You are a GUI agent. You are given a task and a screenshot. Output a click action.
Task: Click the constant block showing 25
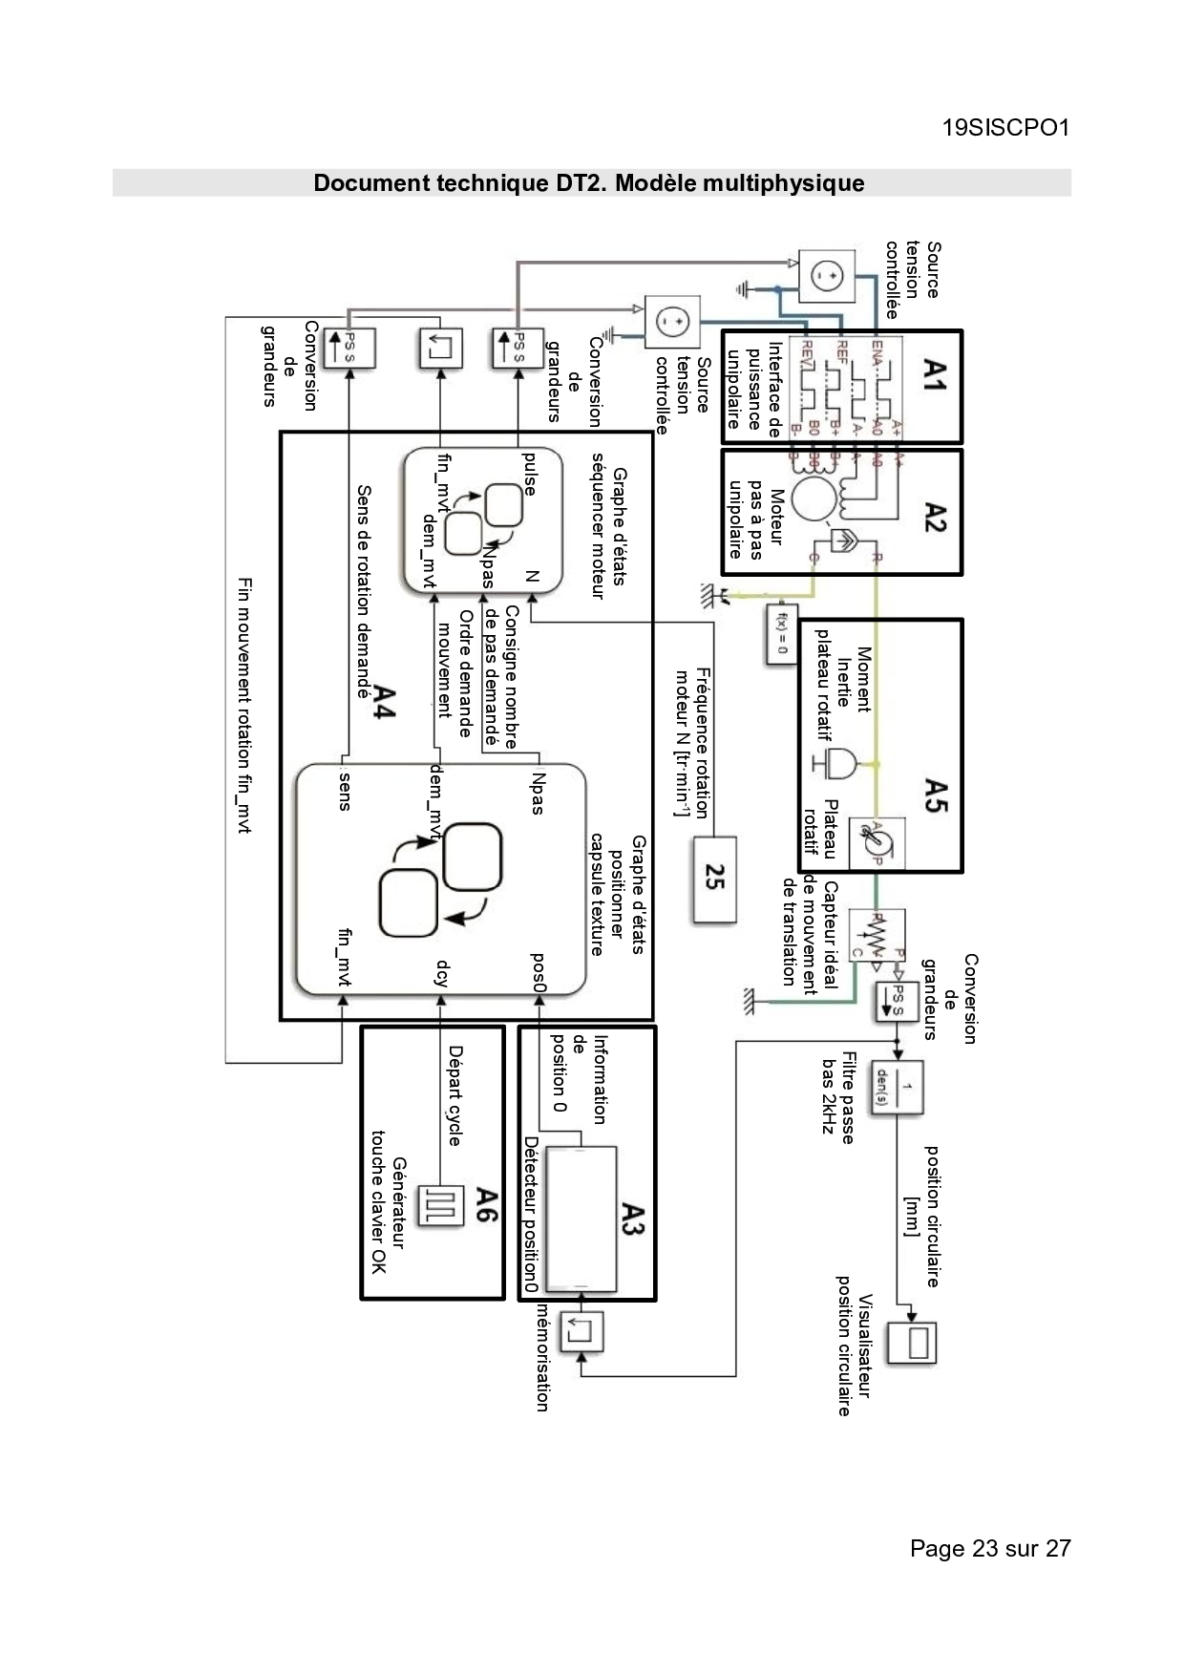[x=715, y=878]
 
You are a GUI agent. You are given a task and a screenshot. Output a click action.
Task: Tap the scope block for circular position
[x=913, y=1343]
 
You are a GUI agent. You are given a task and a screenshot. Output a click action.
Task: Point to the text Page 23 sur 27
[x=990, y=1548]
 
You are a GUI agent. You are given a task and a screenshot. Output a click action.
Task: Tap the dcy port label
[x=441, y=972]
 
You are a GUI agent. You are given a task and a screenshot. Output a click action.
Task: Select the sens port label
[x=345, y=788]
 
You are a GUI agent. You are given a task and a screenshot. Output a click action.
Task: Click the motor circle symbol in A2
[x=814, y=500]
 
